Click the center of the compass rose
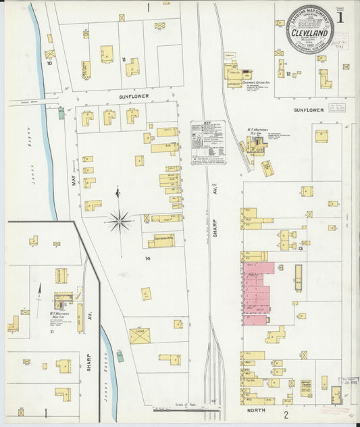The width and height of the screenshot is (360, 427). click(119, 218)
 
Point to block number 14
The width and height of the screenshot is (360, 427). click(147, 258)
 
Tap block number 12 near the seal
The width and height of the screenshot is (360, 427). click(288, 73)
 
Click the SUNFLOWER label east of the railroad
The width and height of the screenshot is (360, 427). click(309, 109)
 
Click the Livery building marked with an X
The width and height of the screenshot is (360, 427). click(140, 335)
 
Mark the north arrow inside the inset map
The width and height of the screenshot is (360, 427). click(39, 290)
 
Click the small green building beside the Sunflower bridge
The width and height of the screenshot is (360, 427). click(61, 112)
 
